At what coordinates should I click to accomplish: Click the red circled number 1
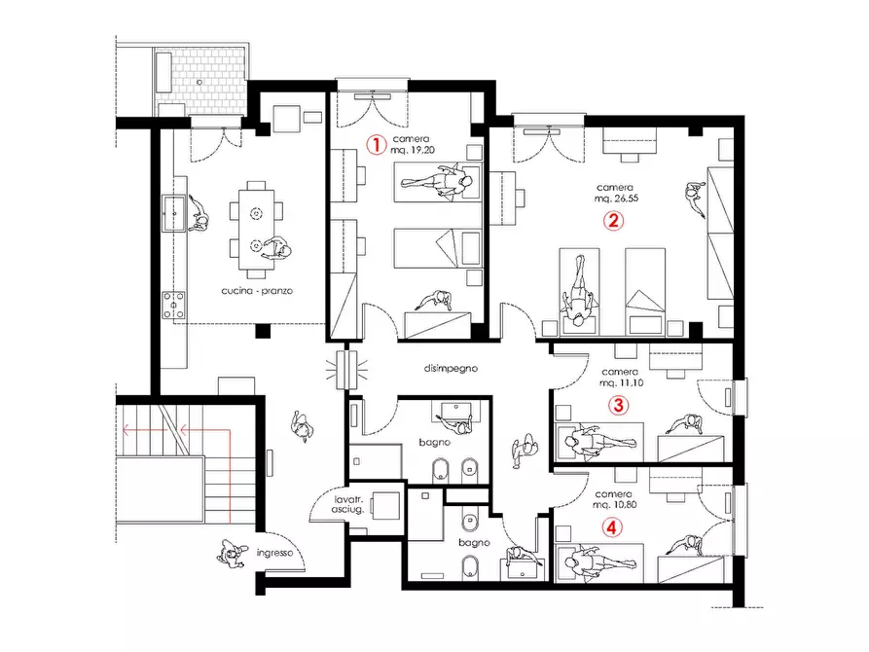[377, 145]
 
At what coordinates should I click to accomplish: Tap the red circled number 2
[613, 221]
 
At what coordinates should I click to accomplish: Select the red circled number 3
[619, 405]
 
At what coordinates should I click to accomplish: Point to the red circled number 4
[612, 527]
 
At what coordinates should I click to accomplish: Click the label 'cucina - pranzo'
[257, 291]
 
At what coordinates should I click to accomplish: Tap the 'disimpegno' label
[451, 368]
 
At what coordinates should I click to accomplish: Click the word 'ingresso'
[274, 553]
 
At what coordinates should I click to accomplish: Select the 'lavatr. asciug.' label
[348, 504]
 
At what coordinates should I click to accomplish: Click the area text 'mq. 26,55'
[616, 198]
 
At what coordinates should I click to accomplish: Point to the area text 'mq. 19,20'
[413, 150]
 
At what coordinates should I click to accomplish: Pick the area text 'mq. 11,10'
[621, 382]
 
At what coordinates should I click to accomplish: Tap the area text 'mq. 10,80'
[615, 505]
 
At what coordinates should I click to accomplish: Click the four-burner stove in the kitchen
[173, 306]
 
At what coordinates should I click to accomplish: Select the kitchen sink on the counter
[173, 213]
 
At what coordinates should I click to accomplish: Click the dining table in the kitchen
[256, 230]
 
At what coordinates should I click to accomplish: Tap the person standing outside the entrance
[232, 554]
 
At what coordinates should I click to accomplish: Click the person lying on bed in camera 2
[579, 292]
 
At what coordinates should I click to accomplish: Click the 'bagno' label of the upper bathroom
[434, 443]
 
